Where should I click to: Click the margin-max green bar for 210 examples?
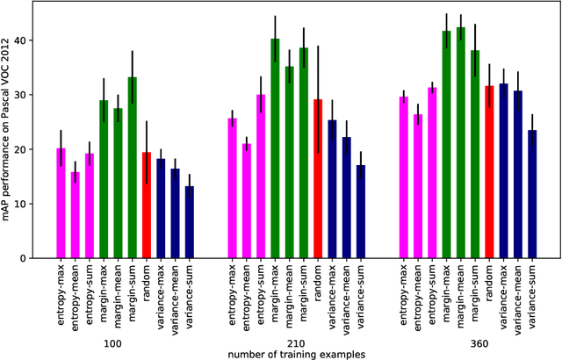[275, 148]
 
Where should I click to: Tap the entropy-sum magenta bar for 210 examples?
[261, 176]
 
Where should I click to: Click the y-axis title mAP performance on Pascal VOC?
[9, 133]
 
